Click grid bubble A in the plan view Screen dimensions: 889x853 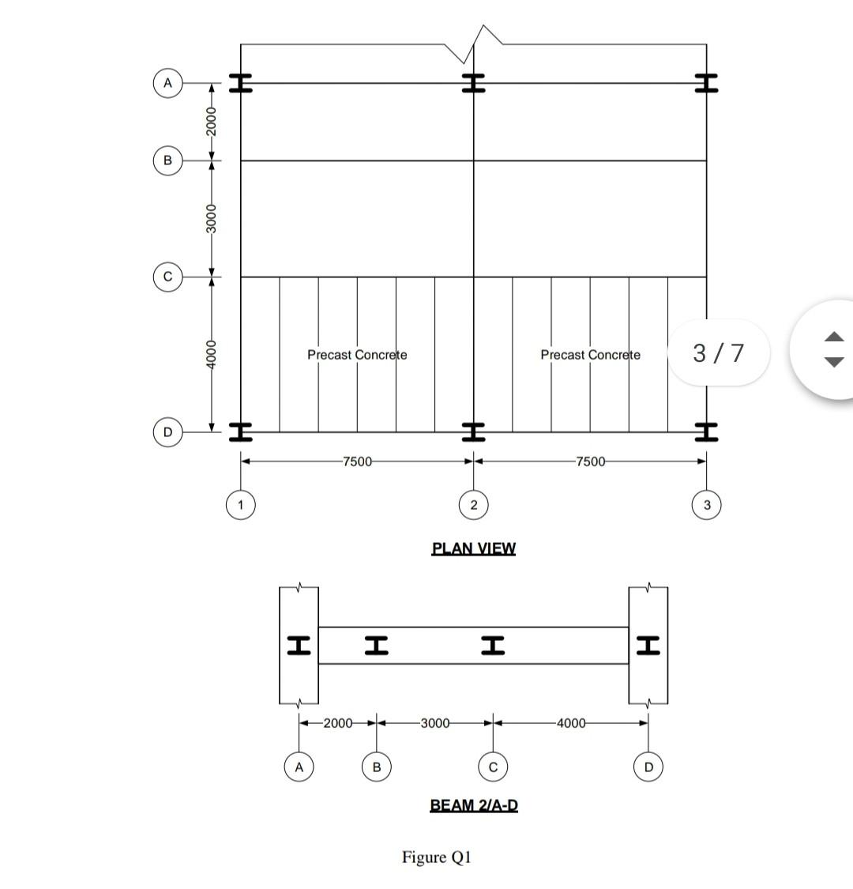click(x=167, y=82)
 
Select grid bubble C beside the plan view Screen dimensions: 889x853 click(x=167, y=277)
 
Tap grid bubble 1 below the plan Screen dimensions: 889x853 click(x=241, y=504)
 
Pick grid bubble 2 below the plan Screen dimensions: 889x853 click(x=473, y=504)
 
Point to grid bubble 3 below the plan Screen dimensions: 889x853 click(x=707, y=504)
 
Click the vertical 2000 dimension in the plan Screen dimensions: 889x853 click(x=211, y=121)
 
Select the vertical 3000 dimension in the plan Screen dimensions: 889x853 click(x=211, y=219)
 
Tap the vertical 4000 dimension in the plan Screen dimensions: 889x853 click(x=211, y=354)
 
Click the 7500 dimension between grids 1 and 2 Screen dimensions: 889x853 click(x=357, y=461)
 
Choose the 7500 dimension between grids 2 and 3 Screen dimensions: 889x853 click(x=590, y=461)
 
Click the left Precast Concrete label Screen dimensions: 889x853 click(x=357, y=355)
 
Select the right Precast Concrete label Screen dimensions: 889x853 click(x=590, y=355)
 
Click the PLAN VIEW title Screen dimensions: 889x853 click(x=473, y=548)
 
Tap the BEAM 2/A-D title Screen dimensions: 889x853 click(x=474, y=805)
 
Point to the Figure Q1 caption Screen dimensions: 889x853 click(x=437, y=857)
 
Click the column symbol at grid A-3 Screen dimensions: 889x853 click(x=707, y=83)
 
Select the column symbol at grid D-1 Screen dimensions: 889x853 click(x=241, y=431)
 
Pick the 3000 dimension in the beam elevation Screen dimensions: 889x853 click(x=434, y=723)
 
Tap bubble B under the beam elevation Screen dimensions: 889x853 click(x=377, y=767)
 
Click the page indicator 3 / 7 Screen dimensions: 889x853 click(x=719, y=352)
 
